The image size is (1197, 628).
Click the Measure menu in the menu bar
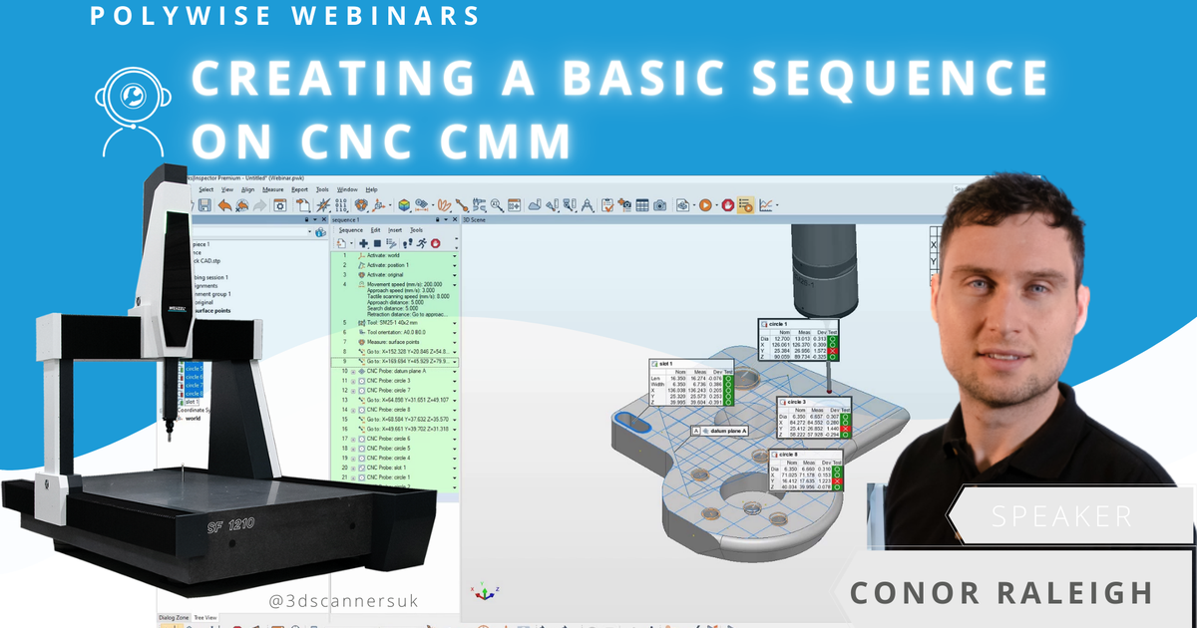272,189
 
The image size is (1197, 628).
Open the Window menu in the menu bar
347,189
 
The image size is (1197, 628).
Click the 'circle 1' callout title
778,324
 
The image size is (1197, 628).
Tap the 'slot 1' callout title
665,363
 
